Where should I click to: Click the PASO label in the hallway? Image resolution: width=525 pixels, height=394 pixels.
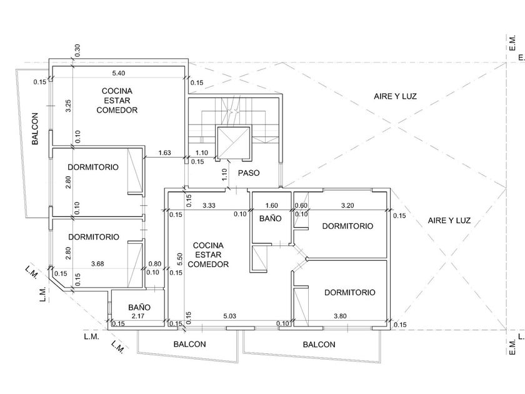pyautogui.click(x=249, y=173)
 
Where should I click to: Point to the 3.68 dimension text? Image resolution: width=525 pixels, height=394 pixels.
pyautogui.click(x=97, y=264)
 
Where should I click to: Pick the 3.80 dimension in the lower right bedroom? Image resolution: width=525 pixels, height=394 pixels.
pyautogui.click(x=341, y=316)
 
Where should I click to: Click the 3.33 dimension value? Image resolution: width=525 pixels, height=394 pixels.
pyautogui.click(x=210, y=206)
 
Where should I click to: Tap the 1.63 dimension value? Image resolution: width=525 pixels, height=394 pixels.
pyautogui.click(x=166, y=153)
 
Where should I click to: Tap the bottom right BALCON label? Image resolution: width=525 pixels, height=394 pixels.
pyautogui.click(x=319, y=345)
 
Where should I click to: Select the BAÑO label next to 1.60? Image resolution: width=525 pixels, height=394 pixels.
pyautogui.click(x=271, y=219)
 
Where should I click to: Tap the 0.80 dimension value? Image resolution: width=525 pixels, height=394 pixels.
pyautogui.click(x=154, y=264)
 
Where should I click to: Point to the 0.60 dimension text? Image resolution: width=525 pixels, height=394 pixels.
pyautogui.click(x=301, y=206)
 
